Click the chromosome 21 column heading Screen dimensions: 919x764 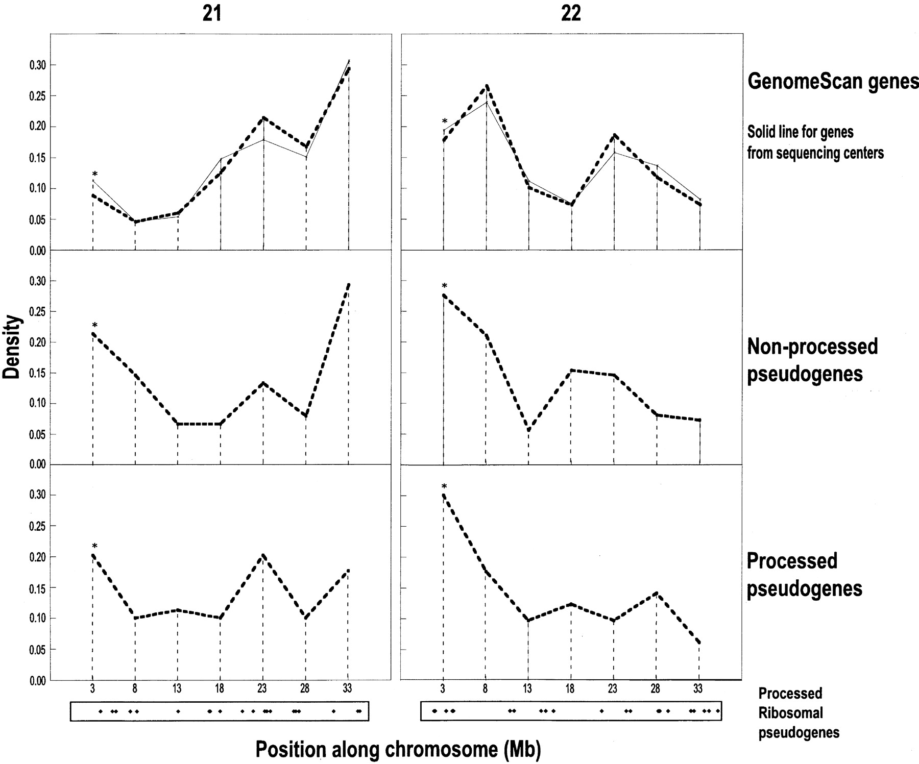pyautogui.click(x=212, y=13)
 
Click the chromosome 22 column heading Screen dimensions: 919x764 pyautogui.click(x=571, y=13)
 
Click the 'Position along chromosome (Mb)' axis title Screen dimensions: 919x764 pyautogui.click(x=398, y=749)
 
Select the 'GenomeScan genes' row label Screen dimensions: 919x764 pyautogui.click(x=833, y=81)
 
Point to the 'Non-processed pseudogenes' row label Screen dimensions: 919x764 pyautogui.click(x=812, y=360)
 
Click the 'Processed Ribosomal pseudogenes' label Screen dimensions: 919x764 pyautogui.click(x=799, y=713)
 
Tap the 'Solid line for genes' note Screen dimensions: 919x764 pyautogui.click(x=801, y=132)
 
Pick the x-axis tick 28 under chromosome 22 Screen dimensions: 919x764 pyautogui.click(x=656, y=688)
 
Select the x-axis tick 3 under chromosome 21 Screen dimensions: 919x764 pyautogui.click(x=92, y=688)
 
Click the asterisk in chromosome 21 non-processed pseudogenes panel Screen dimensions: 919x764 pyautogui.click(x=94, y=325)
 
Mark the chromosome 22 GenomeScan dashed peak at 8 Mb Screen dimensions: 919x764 pyautogui.click(x=487, y=86)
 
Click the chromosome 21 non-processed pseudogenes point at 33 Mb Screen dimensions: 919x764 pyautogui.click(x=348, y=284)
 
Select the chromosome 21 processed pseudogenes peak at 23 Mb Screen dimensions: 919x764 pyautogui.click(x=263, y=555)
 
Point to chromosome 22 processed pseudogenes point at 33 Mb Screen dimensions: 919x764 pyautogui.click(x=698, y=642)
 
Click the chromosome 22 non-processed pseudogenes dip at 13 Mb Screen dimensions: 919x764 pyautogui.click(x=528, y=430)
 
